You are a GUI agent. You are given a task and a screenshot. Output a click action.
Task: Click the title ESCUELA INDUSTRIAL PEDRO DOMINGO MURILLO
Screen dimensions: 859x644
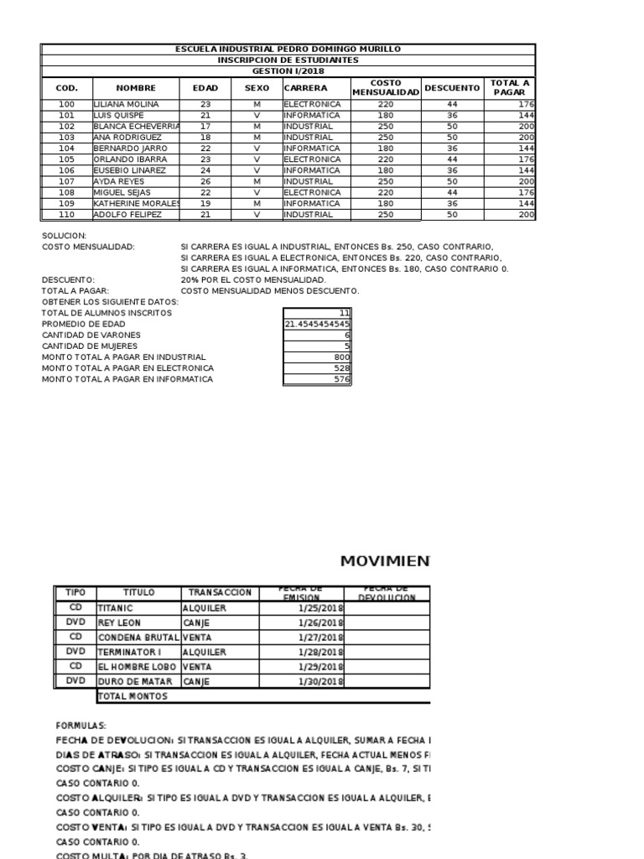tap(288, 49)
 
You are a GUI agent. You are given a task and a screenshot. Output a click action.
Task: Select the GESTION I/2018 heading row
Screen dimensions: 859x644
tap(288, 71)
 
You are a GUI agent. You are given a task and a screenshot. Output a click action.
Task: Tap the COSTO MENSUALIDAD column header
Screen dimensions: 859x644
tap(385, 87)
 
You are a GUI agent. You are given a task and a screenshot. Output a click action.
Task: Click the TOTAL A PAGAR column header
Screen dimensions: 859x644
tap(509, 87)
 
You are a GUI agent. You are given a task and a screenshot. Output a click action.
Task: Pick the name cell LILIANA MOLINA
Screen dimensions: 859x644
tap(125, 104)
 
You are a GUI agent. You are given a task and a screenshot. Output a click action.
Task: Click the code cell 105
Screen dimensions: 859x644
tap(67, 159)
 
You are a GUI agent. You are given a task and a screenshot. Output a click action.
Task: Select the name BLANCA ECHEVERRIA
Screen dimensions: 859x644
tap(137, 126)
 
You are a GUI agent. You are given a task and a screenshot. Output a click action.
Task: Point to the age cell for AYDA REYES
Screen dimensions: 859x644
tap(205, 181)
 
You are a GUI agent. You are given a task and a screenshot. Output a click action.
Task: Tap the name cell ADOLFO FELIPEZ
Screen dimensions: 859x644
tap(125, 215)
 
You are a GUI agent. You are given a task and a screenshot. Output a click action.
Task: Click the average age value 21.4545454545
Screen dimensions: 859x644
tap(318, 324)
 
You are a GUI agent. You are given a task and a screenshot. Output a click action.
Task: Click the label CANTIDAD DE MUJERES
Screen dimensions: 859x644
tap(91, 346)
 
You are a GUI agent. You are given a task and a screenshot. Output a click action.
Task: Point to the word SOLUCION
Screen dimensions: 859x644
tap(64, 237)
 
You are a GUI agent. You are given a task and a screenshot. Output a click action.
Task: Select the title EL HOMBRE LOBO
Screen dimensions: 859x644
tap(138, 667)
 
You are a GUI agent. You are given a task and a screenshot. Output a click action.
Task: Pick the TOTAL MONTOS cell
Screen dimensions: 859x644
tap(133, 696)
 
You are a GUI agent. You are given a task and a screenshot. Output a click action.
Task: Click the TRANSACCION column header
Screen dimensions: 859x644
tap(220, 592)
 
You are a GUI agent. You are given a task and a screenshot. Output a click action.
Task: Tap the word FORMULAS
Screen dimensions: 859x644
tap(81, 725)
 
